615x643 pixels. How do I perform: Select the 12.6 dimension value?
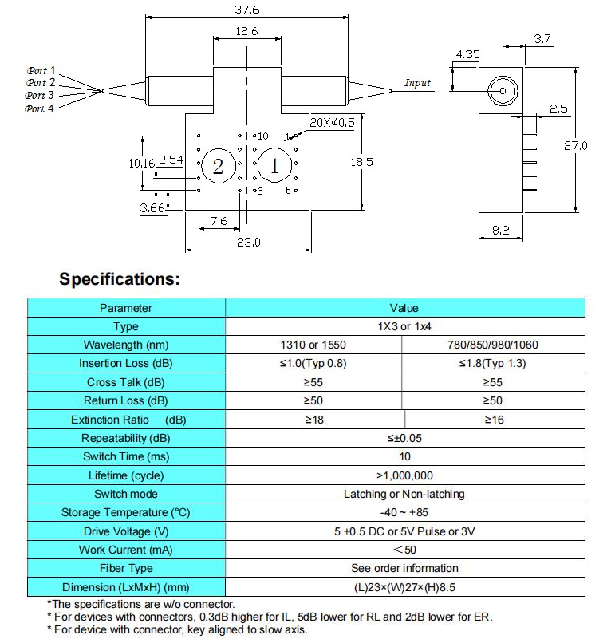coord(246,32)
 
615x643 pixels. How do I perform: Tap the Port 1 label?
coord(41,70)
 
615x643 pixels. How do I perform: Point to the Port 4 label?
coord(41,108)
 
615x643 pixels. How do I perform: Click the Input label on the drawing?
coord(417,83)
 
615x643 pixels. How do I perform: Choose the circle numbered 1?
coord(274,166)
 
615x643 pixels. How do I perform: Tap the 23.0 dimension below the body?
coord(247,243)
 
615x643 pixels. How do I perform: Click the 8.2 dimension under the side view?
coord(501,230)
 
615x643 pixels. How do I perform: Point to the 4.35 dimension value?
coord(468,54)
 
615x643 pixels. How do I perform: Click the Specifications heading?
coord(120,280)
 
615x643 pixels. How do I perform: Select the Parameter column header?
coord(126,308)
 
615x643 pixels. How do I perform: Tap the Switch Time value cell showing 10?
coord(405,456)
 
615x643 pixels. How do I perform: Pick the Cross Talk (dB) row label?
coord(126,382)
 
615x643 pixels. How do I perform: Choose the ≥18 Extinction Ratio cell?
coord(314,420)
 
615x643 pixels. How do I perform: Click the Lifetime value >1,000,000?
coord(405,475)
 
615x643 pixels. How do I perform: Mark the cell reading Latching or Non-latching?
coord(405,494)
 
